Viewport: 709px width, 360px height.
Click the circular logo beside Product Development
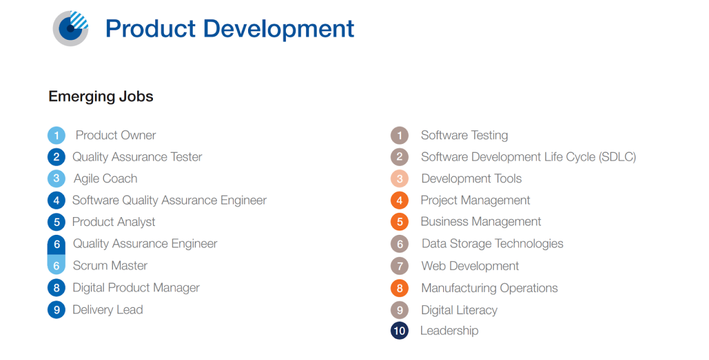[71, 28]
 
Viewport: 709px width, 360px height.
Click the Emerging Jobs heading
[101, 96]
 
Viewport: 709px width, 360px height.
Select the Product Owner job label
[116, 135]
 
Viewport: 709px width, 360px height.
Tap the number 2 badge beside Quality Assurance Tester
[56, 157]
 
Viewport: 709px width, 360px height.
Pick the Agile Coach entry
[105, 178]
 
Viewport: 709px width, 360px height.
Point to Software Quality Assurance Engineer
[169, 200]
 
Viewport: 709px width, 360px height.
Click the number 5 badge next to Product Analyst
[56, 222]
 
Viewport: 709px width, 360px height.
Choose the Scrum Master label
[110, 265]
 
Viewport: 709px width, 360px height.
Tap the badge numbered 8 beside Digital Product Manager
[56, 288]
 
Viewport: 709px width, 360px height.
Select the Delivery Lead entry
[107, 310]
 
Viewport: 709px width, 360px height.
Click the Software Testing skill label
[464, 135]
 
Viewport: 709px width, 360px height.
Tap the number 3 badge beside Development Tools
[399, 179]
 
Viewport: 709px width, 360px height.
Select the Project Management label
[475, 200]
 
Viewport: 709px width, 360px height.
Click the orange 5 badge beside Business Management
[399, 222]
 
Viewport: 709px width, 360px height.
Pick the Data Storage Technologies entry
[492, 244]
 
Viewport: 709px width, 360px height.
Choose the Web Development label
[470, 266]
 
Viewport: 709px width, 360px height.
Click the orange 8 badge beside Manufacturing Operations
[399, 288]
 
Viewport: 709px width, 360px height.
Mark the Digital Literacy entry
[459, 310]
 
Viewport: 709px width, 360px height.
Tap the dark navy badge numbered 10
[399, 331]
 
